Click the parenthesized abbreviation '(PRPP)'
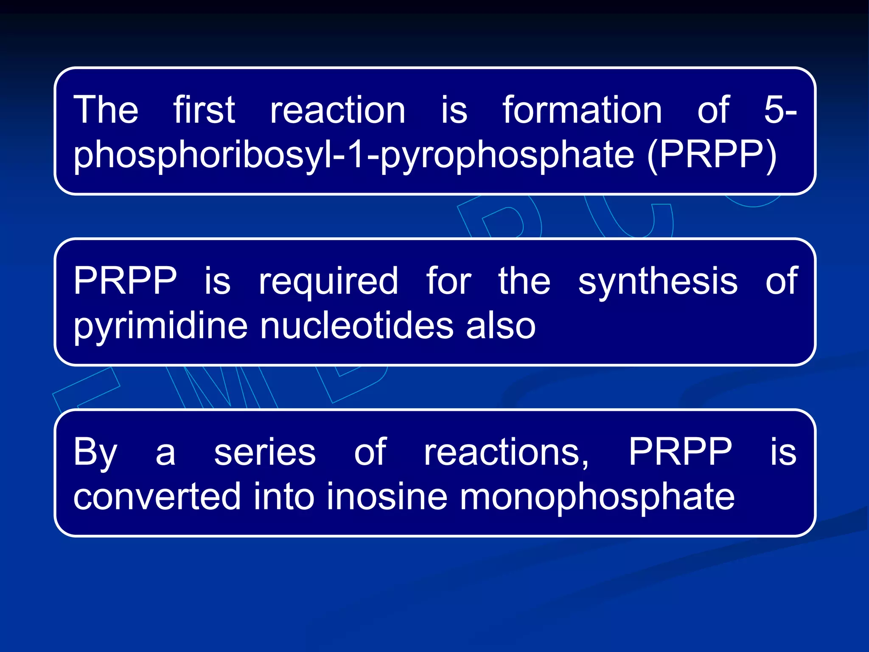tap(712, 155)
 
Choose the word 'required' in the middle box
tap(328, 282)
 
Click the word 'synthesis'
tap(658, 281)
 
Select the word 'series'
tap(265, 452)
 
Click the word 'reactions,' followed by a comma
tap(507, 452)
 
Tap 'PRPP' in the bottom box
tap(680, 452)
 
